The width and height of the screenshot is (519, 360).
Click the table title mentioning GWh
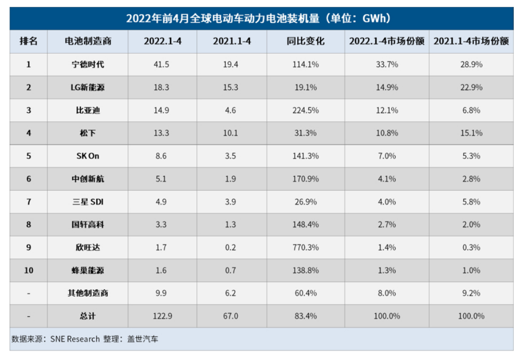(259, 19)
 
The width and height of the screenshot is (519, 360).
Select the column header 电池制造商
(88, 41)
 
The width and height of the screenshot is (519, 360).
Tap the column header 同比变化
(305, 41)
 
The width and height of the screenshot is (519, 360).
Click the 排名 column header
(29, 41)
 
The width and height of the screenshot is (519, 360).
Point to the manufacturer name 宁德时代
(88, 64)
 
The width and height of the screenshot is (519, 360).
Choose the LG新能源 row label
(88, 87)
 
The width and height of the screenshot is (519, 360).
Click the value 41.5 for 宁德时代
(162, 64)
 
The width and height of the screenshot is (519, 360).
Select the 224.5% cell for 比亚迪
(305, 110)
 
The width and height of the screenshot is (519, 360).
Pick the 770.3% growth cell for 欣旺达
(305, 247)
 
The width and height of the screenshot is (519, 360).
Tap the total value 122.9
(162, 316)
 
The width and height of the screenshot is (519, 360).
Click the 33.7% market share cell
(387, 64)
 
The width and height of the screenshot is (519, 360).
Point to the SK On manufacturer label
(88, 156)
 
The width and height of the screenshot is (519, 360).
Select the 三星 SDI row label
(88, 202)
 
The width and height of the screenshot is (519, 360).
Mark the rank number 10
(29, 270)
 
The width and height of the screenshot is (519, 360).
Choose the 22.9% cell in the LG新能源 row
(471, 87)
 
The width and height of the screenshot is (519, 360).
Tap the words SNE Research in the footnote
(75, 339)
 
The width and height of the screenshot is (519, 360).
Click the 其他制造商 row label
(88, 293)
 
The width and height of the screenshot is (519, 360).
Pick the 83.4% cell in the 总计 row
(305, 316)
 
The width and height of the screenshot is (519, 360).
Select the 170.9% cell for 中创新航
(305, 179)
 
